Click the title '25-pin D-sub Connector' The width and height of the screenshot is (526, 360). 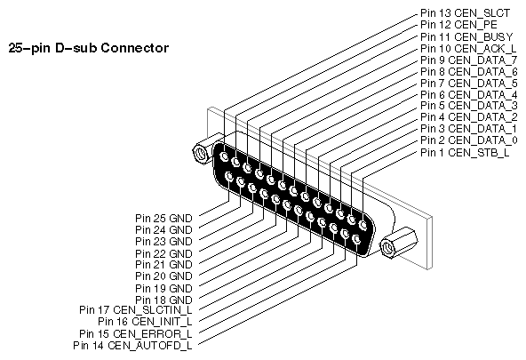point(87,46)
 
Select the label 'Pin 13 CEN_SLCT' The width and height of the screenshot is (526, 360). point(462,13)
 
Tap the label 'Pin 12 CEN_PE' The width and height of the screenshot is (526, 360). point(457,25)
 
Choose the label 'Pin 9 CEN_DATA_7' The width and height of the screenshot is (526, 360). point(467,60)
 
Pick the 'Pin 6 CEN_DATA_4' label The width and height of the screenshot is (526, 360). point(467,94)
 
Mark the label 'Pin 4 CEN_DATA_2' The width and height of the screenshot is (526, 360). point(467,117)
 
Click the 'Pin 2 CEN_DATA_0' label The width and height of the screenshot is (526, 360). point(467,140)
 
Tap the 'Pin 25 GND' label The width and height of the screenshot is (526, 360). point(163,217)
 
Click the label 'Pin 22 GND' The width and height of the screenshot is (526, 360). point(163,253)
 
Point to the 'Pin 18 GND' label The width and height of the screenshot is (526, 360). point(163,300)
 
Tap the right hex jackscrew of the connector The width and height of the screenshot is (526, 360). point(391,246)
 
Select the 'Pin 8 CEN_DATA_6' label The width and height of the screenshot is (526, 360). point(467,71)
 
